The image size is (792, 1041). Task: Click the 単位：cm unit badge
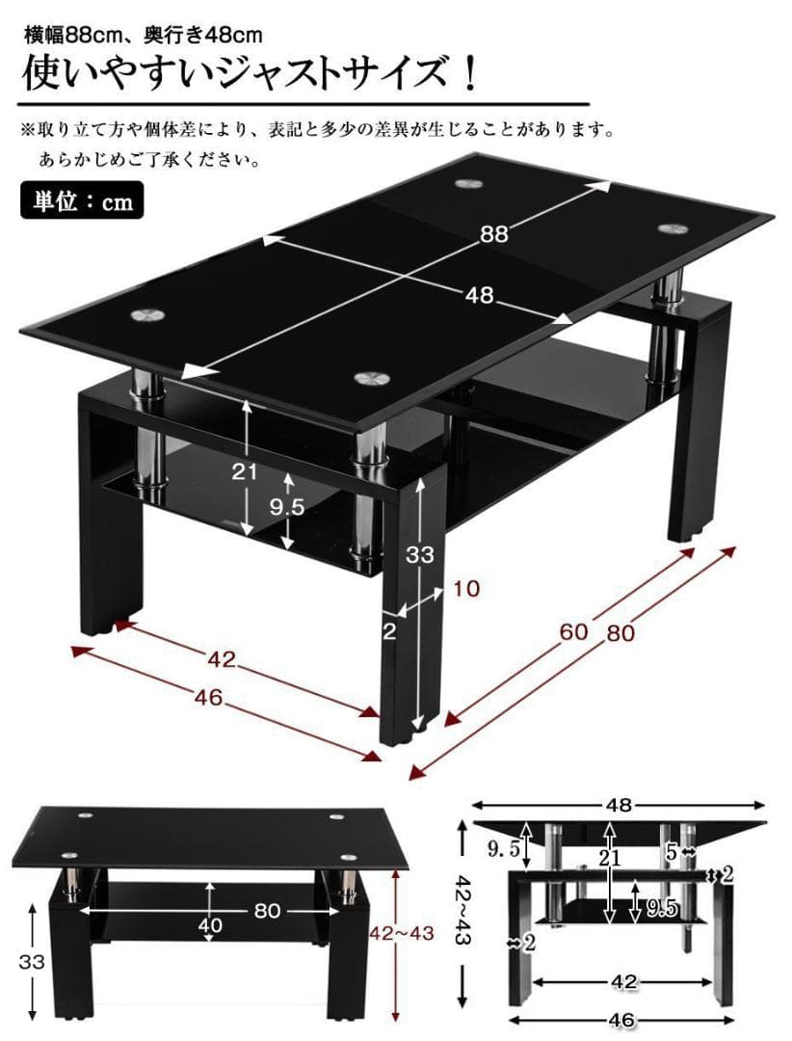82,202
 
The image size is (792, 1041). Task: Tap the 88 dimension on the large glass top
493,232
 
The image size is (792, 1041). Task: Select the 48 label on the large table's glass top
479,296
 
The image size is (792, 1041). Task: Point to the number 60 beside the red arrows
575,631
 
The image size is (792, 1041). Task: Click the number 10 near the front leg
464,588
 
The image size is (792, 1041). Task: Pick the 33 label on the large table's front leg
420,555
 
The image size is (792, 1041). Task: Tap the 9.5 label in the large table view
285,508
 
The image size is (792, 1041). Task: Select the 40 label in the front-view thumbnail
210,925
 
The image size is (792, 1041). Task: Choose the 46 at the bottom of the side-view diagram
621,1020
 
